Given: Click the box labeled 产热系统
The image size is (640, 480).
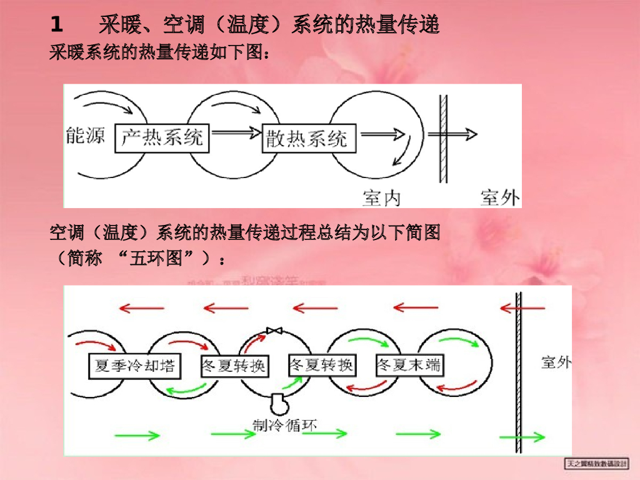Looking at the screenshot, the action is pyautogui.click(x=162, y=137).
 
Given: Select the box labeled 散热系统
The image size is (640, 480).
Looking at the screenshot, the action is pyautogui.click(x=308, y=137).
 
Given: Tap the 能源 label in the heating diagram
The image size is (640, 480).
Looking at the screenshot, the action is pyautogui.click(x=86, y=134).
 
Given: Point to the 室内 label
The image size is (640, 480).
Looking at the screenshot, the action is pyautogui.click(x=381, y=197).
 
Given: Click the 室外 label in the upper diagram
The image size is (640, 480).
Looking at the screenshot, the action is pyautogui.click(x=500, y=197).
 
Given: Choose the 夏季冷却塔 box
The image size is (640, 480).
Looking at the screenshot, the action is pyautogui.click(x=134, y=366).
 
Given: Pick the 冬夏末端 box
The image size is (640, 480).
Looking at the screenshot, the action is pyautogui.click(x=409, y=366).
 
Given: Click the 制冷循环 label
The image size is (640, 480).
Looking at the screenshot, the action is pyautogui.click(x=284, y=426).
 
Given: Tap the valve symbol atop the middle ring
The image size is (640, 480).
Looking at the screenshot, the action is pyautogui.click(x=274, y=330).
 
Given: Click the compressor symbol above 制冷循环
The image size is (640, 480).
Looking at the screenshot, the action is pyautogui.click(x=277, y=403).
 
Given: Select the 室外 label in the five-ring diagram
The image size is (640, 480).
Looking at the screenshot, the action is pyautogui.click(x=556, y=362).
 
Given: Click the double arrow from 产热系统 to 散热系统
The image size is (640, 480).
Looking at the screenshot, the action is pyautogui.click(x=236, y=132).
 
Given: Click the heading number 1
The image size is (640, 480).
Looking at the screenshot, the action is pyautogui.click(x=57, y=26).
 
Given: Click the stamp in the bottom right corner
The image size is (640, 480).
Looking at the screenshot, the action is pyautogui.click(x=597, y=463).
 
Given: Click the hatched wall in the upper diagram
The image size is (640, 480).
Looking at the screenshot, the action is pyautogui.click(x=443, y=139).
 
